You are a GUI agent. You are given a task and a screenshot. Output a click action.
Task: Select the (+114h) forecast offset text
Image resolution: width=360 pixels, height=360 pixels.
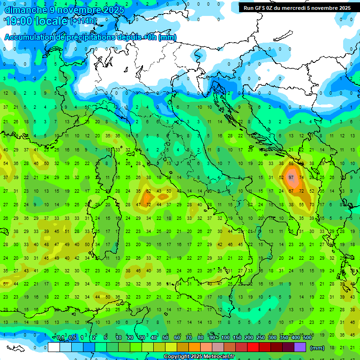pyautogui.click(x=83, y=21)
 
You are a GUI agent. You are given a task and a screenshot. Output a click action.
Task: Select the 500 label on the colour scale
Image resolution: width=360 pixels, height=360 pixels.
pyautogui.click(x=307, y=337)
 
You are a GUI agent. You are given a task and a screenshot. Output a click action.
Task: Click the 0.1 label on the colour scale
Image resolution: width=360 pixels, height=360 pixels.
pyautogui.click(x=60, y=337)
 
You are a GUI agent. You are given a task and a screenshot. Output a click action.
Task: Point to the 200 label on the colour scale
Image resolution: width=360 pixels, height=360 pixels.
pyautogui.click(x=248, y=337)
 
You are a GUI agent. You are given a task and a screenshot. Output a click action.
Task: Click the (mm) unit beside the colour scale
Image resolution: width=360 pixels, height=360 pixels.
pyautogui.click(x=317, y=348)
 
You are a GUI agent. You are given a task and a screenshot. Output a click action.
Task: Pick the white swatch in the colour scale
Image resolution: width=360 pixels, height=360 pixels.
pyautogui.click(x=53, y=347)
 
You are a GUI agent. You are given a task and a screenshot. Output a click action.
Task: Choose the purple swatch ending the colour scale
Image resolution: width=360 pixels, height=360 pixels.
pyautogui.click(x=300, y=347)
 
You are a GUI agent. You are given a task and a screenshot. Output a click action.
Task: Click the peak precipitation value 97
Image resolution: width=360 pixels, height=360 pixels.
pyautogui.click(x=292, y=178)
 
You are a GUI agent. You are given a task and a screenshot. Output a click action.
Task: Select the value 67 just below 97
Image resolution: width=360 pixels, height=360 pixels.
pyautogui.click(x=292, y=191)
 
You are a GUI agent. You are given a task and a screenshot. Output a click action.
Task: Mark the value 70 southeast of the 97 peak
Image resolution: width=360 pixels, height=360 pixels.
pyautogui.click(x=312, y=205)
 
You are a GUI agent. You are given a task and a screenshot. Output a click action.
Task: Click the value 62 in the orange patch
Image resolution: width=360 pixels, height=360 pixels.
pyautogui.click(x=149, y=191)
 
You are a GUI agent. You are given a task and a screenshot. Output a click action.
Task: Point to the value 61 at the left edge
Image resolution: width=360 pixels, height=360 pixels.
pyautogui.click(x=6, y=284)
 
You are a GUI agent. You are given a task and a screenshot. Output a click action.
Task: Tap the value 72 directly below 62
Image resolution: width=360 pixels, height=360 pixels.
pyautogui.click(x=149, y=205)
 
